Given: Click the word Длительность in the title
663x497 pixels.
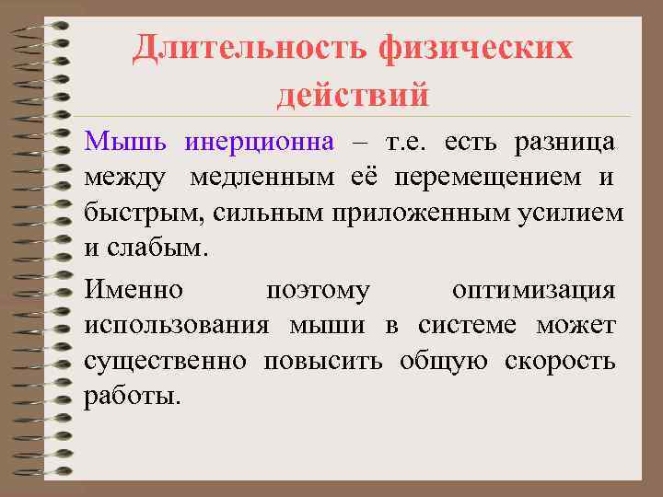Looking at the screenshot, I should (250, 47).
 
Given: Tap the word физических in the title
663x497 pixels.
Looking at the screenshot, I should (476, 47).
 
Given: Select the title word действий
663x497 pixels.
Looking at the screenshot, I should (353, 94).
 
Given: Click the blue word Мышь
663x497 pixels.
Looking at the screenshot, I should (126, 143).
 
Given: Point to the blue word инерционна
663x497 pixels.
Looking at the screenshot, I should (259, 143).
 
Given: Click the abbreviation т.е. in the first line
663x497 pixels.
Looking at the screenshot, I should (408, 143).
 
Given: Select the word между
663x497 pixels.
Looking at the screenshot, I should (125, 178).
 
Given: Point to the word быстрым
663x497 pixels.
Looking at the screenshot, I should (143, 213).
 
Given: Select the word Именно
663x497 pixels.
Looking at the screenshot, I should (134, 291).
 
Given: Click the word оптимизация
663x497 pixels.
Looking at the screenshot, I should (533, 291).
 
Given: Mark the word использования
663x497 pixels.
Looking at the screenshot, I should (177, 326).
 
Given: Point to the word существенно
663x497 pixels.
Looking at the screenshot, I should (165, 361).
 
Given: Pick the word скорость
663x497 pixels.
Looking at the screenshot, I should (560, 361).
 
